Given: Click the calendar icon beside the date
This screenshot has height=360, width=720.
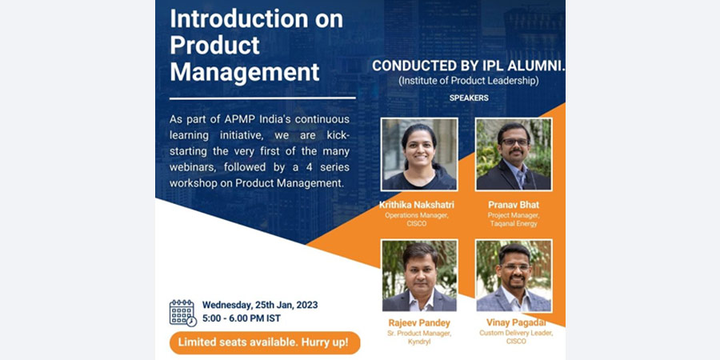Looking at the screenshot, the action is coord(182,313).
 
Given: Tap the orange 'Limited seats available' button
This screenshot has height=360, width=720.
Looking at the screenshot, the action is coord(265,342).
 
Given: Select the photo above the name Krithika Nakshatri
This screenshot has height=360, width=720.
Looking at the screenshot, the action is coord(419,154).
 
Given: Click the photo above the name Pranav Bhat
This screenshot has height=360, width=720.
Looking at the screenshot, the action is coord(514,154).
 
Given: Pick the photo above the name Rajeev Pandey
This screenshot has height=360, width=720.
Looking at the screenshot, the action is coord(419,276).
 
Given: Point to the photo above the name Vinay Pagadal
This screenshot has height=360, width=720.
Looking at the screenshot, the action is coord(514,276).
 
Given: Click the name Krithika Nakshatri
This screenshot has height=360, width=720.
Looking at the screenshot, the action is coord(417,205).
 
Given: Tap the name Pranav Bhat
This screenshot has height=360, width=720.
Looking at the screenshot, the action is coord(514,205).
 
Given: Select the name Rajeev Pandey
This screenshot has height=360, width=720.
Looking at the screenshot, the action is coord(419,323).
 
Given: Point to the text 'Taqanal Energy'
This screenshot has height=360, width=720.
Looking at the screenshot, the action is coord(514,224).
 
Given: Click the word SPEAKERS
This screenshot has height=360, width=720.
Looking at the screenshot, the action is coord(469,98).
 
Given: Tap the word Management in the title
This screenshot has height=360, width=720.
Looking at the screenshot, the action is coord(245,72).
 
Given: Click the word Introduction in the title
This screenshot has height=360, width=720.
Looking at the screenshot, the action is coord(238,19).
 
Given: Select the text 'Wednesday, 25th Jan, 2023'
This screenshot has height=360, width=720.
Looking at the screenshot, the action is coord(260,305).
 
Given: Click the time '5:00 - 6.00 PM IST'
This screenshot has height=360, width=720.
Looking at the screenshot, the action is coord(242,318).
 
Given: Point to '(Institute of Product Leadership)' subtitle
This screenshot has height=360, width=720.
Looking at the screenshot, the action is coord(468,81).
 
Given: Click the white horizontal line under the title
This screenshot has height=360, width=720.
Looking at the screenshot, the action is coord(262,98).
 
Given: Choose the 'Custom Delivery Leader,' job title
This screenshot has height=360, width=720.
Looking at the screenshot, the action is coord(516,333).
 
